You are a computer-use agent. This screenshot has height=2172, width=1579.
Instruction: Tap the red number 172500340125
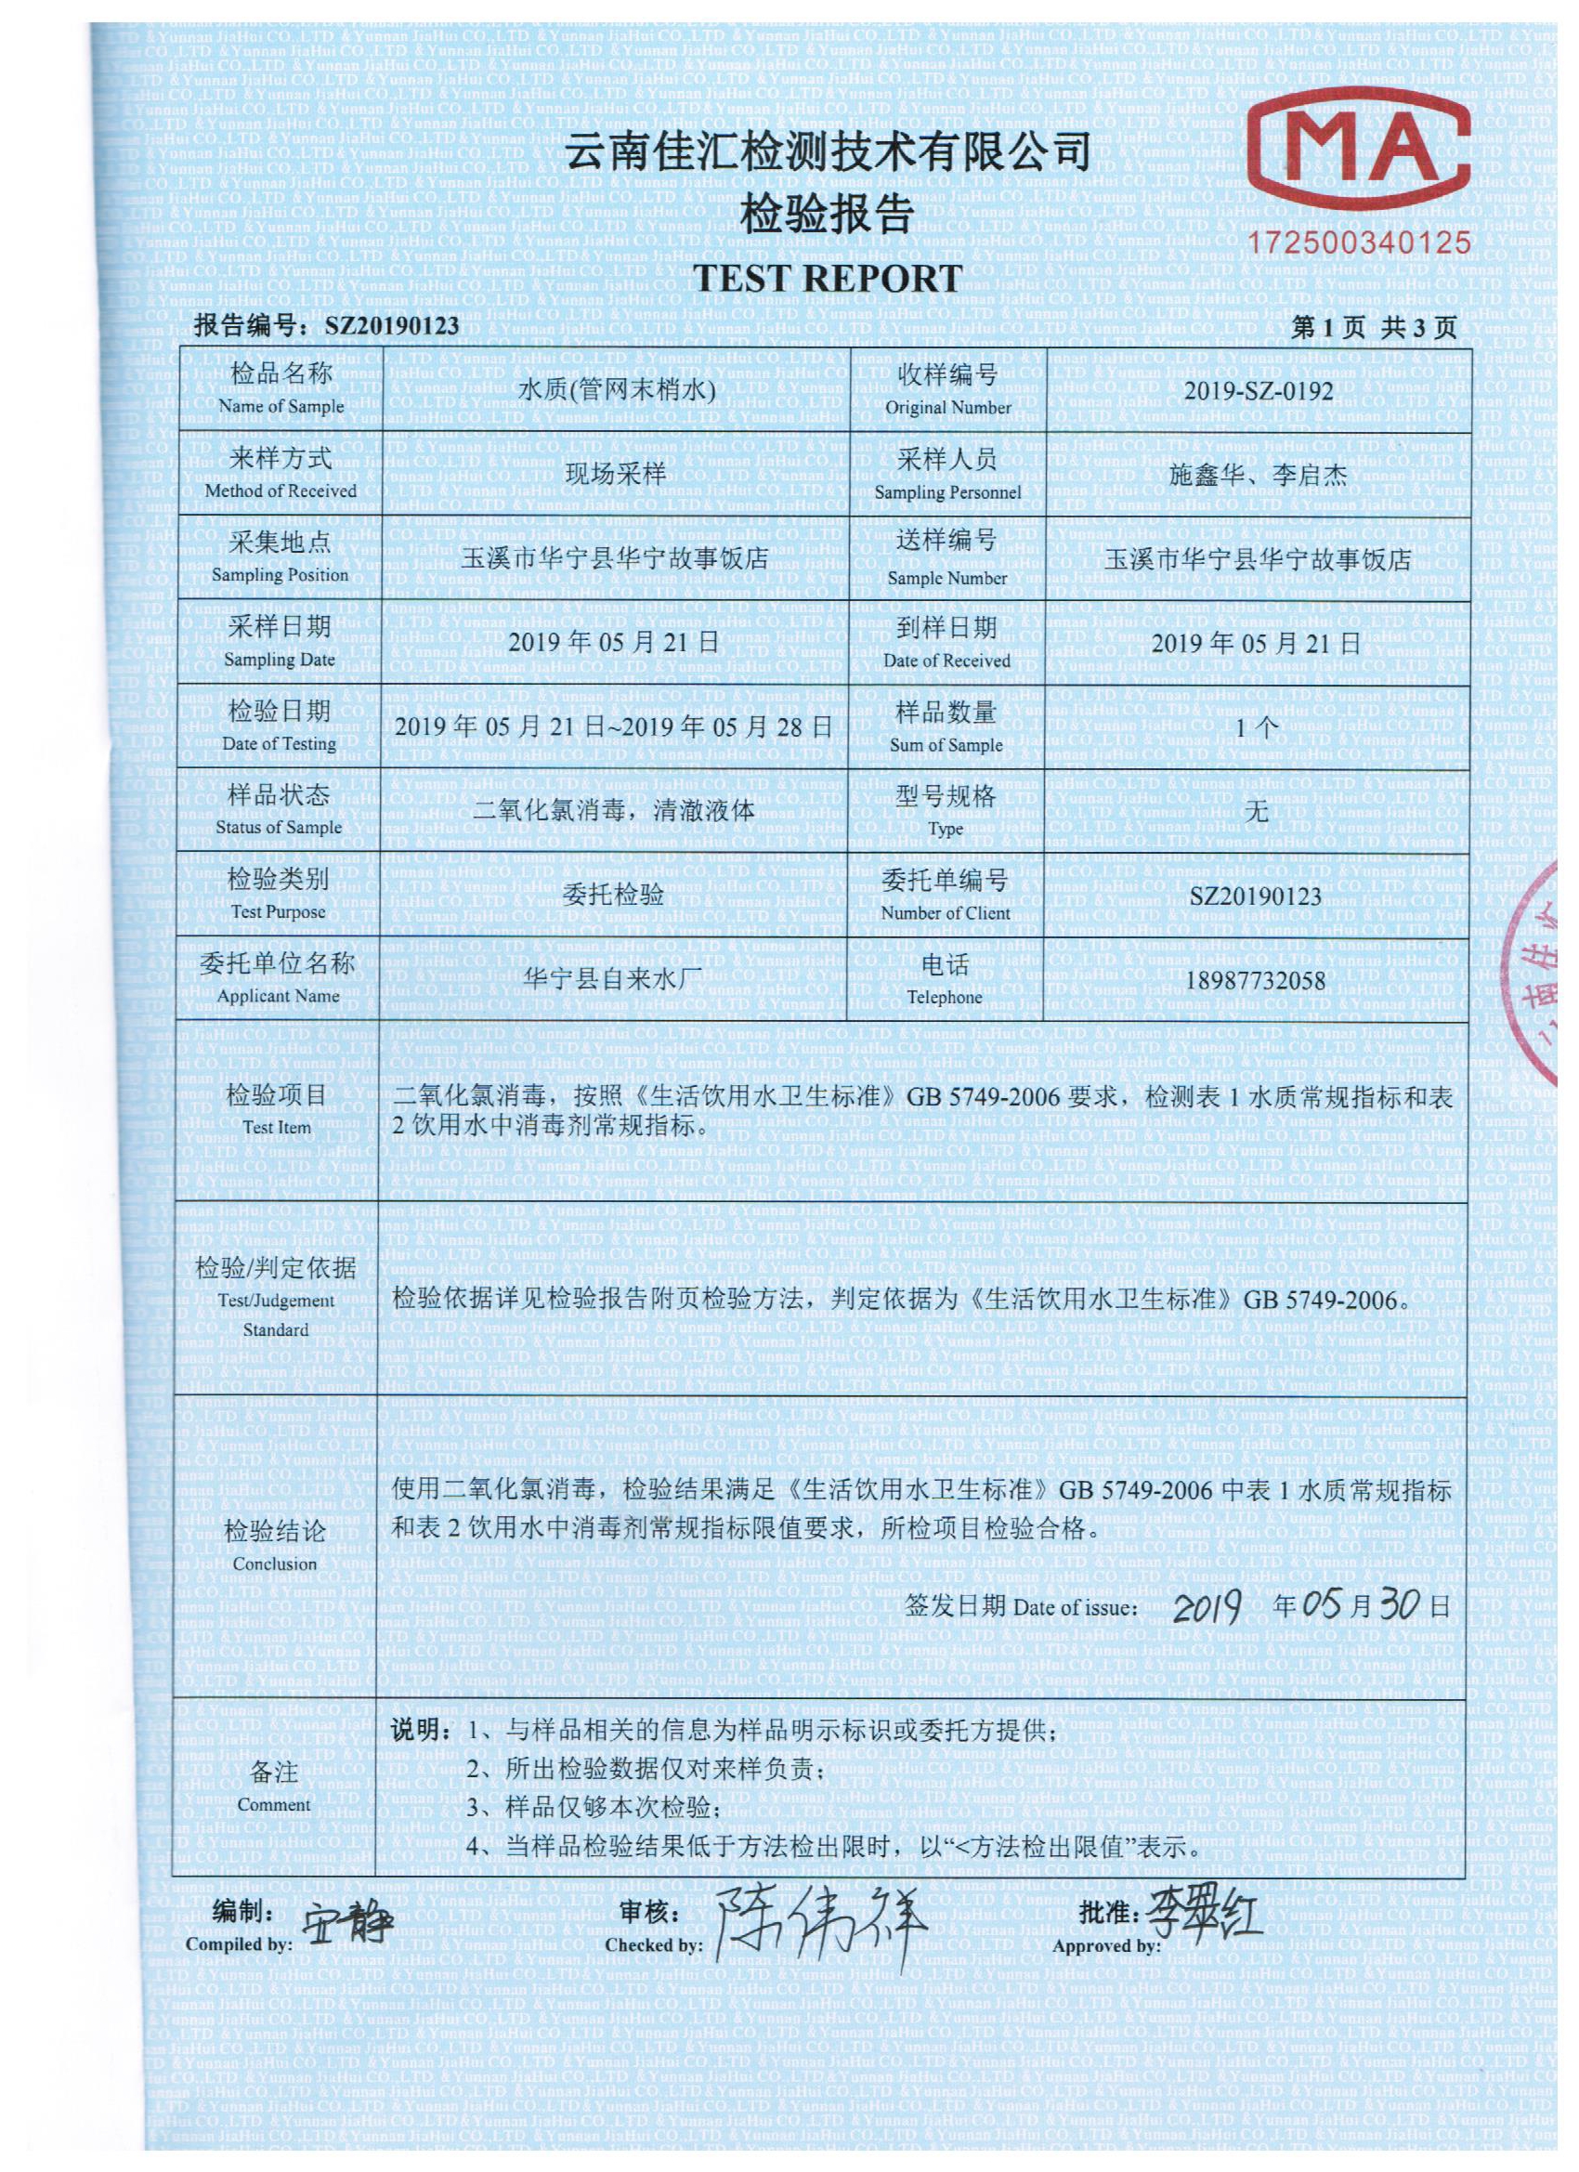click(1359, 242)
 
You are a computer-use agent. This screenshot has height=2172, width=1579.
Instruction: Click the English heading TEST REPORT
click(827, 278)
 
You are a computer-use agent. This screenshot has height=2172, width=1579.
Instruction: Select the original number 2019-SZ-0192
click(1258, 391)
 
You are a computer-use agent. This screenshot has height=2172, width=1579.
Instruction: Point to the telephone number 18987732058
click(1257, 980)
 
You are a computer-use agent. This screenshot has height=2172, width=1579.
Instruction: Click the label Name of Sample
click(281, 406)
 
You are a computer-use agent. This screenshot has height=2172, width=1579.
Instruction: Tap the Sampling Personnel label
click(947, 491)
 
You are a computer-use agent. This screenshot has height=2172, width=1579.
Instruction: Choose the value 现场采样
click(615, 475)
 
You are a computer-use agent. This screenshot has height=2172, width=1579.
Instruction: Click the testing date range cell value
click(614, 726)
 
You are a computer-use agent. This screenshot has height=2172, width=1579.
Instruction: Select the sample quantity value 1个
click(1257, 727)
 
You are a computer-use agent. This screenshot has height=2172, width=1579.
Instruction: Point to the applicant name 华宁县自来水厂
click(615, 980)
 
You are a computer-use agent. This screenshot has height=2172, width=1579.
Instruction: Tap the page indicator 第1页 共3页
click(1373, 329)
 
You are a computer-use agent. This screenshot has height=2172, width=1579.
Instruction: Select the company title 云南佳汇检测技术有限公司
click(827, 153)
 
